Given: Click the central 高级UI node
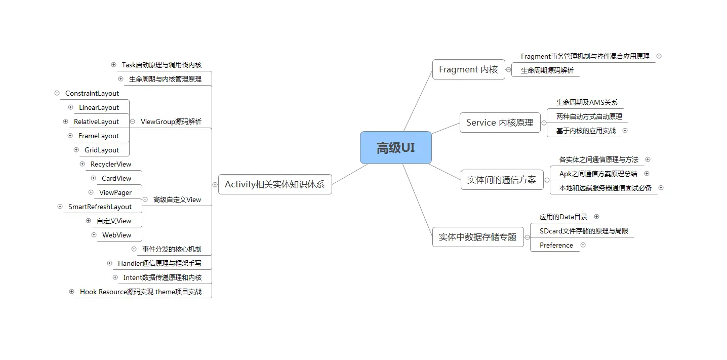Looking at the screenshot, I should click(x=395, y=148).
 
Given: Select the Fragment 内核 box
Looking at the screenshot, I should click(x=468, y=69).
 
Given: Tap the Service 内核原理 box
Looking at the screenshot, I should click(x=500, y=123).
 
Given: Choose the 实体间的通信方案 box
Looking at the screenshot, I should click(x=501, y=180).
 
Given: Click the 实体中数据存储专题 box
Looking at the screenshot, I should click(x=477, y=237).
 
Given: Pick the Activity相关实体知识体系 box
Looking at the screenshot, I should click(x=274, y=184).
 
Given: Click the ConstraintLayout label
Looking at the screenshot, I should click(x=92, y=93).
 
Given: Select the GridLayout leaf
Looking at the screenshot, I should click(x=102, y=150).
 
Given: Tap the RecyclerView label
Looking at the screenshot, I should click(x=111, y=164).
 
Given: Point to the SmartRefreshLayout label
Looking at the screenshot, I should click(x=100, y=207).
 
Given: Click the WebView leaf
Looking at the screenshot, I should click(x=116, y=235).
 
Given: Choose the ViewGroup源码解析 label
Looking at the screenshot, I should click(x=171, y=122).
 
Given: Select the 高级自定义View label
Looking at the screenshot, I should click(x=177, y=199).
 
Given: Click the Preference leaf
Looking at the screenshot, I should click(x=556, y=245).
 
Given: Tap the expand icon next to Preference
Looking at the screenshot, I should click(x=583, y=245).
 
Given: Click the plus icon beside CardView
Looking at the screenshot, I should click(x=93, y=178).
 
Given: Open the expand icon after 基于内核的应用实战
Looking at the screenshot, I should click(x=625, y=131).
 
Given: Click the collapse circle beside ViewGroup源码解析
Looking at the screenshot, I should click(x=132, y=122).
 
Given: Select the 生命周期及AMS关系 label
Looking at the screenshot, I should click(x=587, y=102).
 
